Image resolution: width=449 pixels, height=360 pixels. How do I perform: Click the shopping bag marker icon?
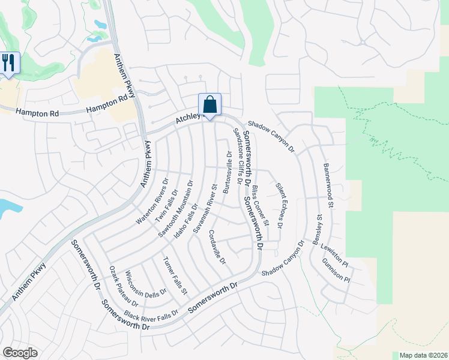click(209, 105)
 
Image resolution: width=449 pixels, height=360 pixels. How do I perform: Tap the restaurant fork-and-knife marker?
click(8, 63)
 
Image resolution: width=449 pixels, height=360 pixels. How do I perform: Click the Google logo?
click(20, 353)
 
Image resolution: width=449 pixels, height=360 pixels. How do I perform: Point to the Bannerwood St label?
click(329, 178)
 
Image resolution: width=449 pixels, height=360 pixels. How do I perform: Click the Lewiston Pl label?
click(334, 254)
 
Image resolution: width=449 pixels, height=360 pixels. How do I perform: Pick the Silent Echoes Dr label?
click(279, 205)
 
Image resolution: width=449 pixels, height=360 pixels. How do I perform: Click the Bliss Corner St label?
click(261, 206)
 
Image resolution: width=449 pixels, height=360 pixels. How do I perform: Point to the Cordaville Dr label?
click(217, 247)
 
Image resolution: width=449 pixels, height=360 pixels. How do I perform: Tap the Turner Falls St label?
click(176, 275)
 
